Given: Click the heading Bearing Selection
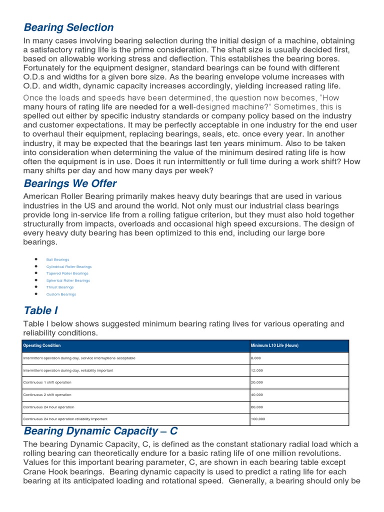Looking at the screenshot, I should click(68, 27).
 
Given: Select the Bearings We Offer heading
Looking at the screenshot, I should click(70, 183).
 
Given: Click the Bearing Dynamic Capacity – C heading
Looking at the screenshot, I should click(100, 430).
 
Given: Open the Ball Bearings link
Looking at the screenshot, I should click(57, 259).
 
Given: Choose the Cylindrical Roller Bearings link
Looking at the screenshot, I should click(69, 266).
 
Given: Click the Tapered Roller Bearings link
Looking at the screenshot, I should click(67, 273).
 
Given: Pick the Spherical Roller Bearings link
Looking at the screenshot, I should click(68, 280).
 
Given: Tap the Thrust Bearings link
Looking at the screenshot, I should click(60, 287).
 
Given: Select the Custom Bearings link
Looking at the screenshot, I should click(61, 294).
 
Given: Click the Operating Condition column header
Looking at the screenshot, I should click(42, 345).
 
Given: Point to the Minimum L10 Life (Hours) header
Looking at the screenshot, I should click(274, 345).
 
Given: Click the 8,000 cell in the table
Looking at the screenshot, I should click(256, 358).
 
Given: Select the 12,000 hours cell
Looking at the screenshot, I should click(257, 370).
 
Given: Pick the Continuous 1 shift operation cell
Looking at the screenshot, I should click(47, 382).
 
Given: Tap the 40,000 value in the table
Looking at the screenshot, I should click(257, 394).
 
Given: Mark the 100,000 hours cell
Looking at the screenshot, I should click(258, 418).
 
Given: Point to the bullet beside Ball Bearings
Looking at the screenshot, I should click(36, 259).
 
